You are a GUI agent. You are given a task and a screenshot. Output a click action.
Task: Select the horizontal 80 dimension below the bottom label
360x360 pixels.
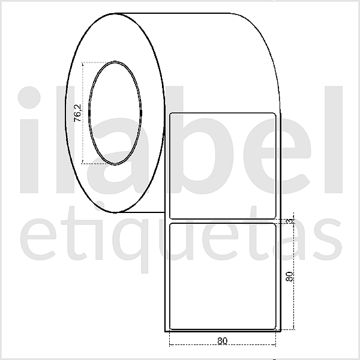click(223, 341)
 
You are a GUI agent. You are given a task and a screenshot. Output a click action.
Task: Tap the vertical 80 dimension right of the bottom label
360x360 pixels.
click(289, 277)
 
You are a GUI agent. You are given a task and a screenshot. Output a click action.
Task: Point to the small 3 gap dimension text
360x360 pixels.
click(289, 221)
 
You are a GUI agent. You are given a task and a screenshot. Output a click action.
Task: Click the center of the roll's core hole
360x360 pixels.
click(115, 112)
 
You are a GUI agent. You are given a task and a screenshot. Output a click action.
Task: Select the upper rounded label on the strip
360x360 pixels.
click(223, 164)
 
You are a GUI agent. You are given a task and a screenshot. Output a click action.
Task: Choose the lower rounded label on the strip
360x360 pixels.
click(223, 275)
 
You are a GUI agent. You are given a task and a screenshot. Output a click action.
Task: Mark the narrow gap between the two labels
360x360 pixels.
click(223, 220)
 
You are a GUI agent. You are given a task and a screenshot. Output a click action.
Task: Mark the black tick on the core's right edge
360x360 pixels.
click(141, 112)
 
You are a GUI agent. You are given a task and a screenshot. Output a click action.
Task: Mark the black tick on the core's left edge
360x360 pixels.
click(89, 112)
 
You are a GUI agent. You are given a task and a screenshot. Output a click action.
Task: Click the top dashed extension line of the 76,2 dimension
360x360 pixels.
click(96, 62)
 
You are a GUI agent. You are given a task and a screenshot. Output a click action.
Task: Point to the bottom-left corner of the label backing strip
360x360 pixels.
click(165, 330)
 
